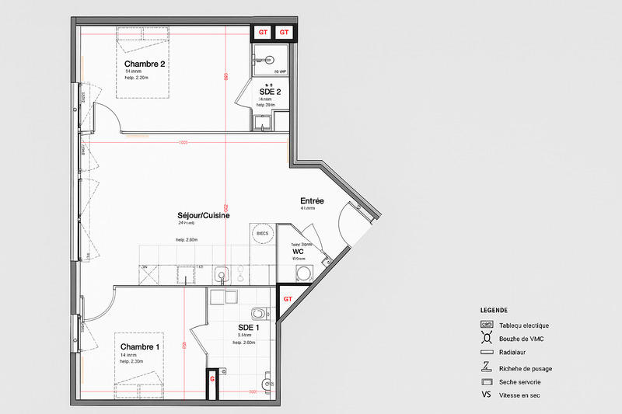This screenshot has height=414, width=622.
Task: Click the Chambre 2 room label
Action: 145,64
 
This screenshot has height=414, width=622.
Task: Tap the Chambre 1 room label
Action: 140,346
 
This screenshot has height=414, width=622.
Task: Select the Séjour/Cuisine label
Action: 204,215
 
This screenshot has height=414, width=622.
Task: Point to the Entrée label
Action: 312,201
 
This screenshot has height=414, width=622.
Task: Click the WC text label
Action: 298,252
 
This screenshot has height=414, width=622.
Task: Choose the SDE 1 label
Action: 249,327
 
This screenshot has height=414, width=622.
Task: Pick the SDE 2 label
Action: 270,92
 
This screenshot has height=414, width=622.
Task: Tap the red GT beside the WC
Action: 287,298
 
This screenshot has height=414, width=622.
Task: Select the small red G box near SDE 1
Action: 211,380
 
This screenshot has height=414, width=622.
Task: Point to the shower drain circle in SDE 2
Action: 268,57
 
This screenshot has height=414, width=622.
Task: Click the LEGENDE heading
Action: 494,310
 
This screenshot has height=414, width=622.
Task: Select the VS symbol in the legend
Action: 487,395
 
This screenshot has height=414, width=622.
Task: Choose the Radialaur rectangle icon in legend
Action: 487,352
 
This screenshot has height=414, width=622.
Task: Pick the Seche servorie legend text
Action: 520,381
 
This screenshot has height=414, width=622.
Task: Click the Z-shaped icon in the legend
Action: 487,367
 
